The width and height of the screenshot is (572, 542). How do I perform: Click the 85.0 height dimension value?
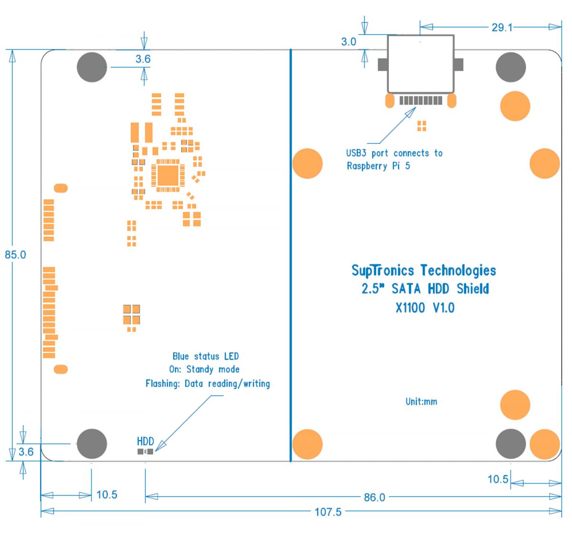[15, 255]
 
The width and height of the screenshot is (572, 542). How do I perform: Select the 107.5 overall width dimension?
[328, 512]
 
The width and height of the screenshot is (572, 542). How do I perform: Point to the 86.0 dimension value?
[374, 497]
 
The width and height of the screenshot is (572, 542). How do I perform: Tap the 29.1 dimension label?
[502, 27]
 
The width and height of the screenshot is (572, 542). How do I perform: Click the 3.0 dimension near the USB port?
[348, 42]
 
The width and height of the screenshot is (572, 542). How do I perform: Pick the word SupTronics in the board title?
[383, 271]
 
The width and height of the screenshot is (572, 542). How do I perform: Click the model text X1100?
[410, 308]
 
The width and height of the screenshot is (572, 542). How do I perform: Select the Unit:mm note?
[421, 401]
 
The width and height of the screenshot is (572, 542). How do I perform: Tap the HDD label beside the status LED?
[145, 441]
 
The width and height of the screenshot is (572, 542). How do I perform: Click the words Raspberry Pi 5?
[378, 166]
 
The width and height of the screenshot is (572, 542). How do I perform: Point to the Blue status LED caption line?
[205, 356]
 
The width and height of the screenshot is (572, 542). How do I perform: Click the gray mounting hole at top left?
[92, 67]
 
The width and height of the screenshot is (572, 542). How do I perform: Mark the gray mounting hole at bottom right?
[511, 443]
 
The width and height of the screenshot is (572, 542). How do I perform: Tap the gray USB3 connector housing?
[420, 64]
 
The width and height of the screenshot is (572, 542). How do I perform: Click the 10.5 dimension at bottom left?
[107, 495]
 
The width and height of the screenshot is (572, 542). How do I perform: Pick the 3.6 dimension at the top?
[143, 59]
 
